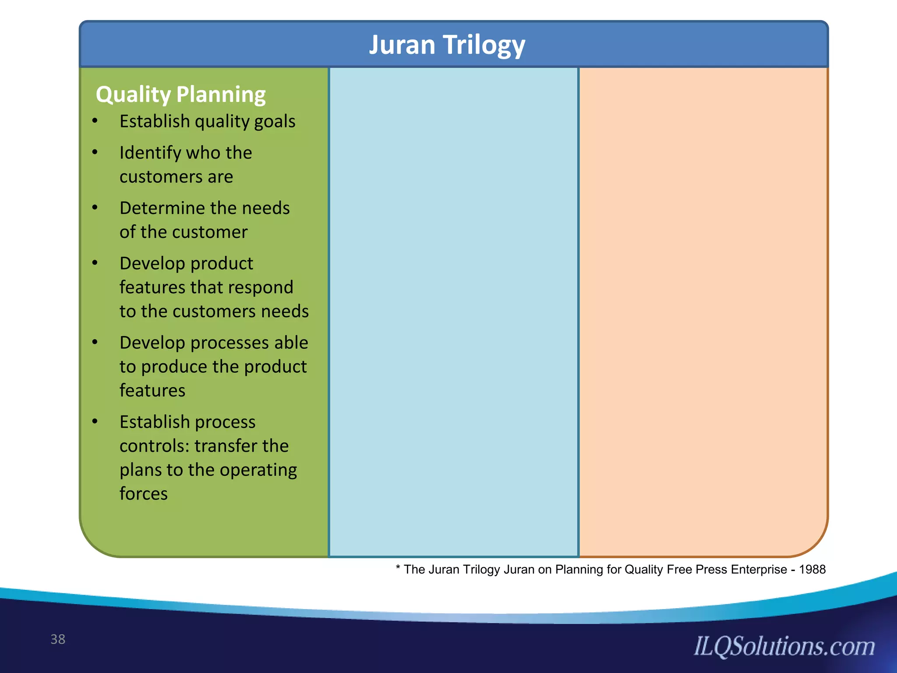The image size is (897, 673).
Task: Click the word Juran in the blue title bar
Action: point(402,45)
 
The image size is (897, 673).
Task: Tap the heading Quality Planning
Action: point(180,95)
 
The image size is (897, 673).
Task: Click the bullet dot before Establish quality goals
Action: point(95,121)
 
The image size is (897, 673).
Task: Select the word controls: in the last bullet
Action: point(154,446)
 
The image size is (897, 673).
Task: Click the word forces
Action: point(144,494)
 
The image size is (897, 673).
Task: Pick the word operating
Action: point(258,471)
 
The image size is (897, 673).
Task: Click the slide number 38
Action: point(58,639)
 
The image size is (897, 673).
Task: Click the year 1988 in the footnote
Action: point(812,570)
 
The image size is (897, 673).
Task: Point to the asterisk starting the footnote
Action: point(398,568)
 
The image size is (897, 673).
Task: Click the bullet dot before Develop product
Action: point(95,263)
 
